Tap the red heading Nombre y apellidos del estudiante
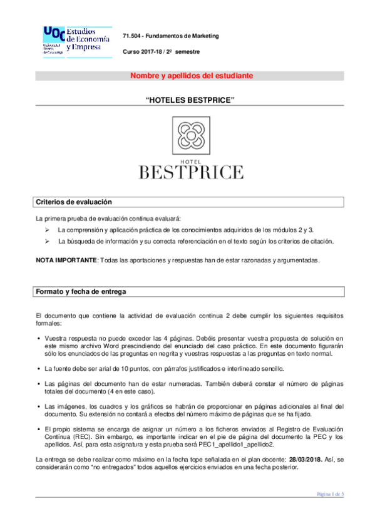tap(191, 76)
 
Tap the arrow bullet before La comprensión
tap(46, 230)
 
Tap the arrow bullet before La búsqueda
tap(46, 241)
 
